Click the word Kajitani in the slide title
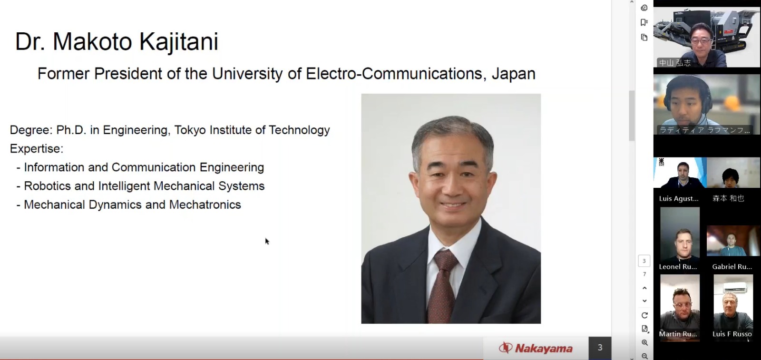179,42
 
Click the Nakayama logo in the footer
536,348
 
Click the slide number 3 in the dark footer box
600,348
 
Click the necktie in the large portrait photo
443,286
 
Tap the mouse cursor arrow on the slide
267,241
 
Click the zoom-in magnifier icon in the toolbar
644,343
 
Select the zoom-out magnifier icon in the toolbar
644,356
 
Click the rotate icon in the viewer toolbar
644,315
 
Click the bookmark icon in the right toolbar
644,22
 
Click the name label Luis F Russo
732,334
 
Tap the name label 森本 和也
728,198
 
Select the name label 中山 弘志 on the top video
675,63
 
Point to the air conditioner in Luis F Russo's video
736,288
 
